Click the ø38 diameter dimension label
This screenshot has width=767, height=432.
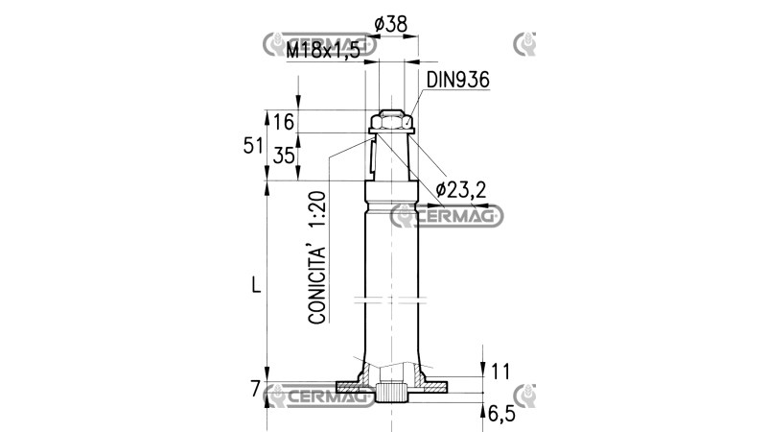click(390, 24)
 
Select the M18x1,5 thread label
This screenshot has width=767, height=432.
click(323, 50)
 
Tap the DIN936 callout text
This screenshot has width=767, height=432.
click(458, 80)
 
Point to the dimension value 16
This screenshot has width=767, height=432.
click(284, 122)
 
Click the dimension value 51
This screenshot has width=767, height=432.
click(253, 146)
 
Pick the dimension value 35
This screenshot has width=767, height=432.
click(284, 156)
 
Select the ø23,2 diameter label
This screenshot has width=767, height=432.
click(461, 189)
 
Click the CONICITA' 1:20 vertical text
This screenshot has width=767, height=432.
click(317, 257)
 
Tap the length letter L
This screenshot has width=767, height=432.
click(256, 284)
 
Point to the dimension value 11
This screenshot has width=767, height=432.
click(500, 372)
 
